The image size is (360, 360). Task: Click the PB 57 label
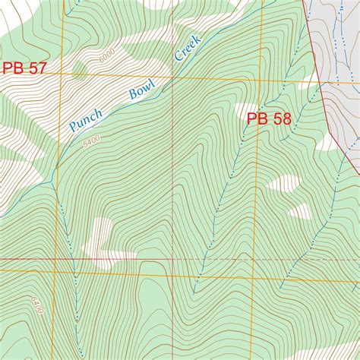(x=24, y=68)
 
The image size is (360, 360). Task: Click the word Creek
(x=187, y=48)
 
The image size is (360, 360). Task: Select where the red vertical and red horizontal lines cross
(x=174, y=259)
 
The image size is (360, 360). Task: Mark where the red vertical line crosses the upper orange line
(x=174, y=77)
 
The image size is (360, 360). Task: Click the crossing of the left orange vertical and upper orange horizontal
(x=63, y=75)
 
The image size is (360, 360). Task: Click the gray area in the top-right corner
(x=338, y=38)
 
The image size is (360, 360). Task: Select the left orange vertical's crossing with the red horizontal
(x=58, y=259)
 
